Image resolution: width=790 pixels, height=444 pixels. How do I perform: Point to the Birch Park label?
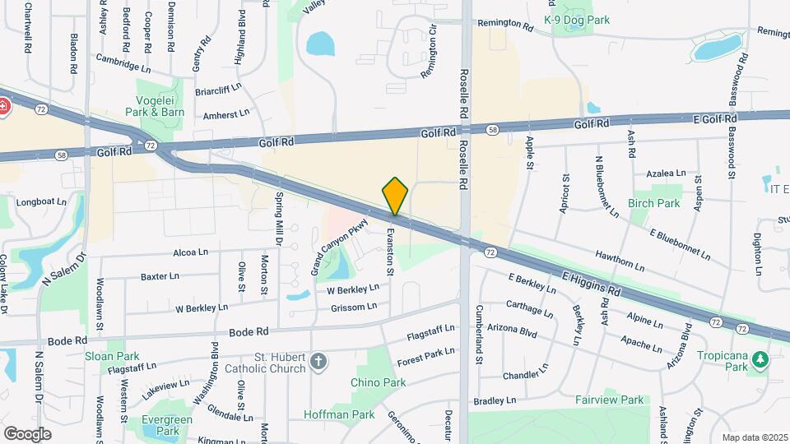pos(654,203)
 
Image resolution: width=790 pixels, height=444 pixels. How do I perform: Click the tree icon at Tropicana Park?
pos(761,358)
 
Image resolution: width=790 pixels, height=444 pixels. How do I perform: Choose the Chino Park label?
pos(378,382)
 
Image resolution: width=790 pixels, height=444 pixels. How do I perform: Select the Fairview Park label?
pos(610,400)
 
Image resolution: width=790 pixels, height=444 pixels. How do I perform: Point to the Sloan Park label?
pos(112,357)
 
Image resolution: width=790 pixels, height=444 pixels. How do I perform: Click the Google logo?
pos(27,433)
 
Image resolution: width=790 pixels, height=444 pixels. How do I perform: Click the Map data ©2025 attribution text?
pos(754,437)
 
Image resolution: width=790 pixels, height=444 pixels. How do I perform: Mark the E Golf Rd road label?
pos(715,119)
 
